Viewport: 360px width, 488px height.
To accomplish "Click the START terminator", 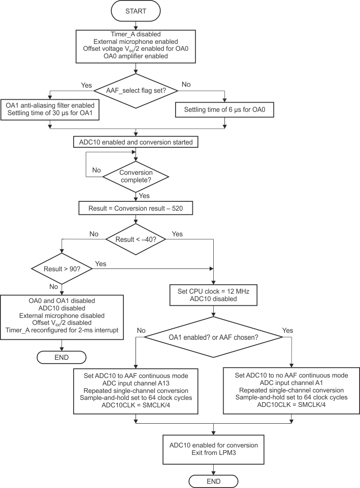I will (x=136, y=11).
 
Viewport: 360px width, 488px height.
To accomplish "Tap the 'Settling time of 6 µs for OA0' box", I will (x=224, y=110).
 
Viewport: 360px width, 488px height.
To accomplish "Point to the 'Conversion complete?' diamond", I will (x=136, y=176).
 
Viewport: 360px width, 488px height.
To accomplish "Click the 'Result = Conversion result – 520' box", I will (x=136, y=208).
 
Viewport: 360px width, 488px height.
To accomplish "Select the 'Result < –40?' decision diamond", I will (x=136, y=240).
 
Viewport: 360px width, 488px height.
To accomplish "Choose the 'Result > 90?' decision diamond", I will (x=61, y=269).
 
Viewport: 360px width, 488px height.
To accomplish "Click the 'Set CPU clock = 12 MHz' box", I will (x=213, y=295).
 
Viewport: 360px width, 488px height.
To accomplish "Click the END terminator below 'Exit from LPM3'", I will (x=213, y=481).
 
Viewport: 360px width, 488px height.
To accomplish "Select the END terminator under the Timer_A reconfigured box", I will (x=61, y=357).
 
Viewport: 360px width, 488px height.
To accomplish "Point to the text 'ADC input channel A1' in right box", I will (x=292, y=383).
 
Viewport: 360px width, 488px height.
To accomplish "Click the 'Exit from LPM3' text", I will (x=213, y=453).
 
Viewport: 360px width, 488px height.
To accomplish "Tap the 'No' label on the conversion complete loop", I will (x=96, y=170).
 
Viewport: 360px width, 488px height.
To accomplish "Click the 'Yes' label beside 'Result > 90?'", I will (x=101, y=264).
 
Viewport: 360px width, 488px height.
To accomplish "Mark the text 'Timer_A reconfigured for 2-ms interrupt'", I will (x=61, y=330).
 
